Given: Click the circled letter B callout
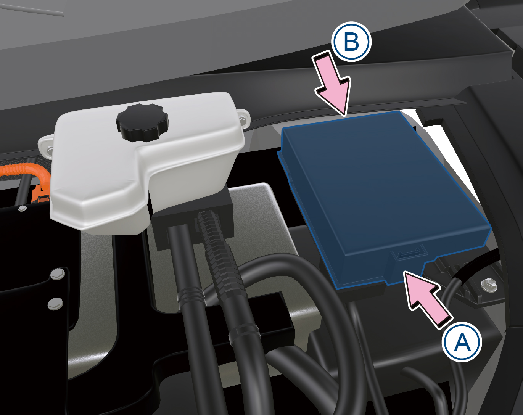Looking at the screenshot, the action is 351,41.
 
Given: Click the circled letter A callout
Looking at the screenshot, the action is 462,342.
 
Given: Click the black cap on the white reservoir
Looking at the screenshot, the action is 142,123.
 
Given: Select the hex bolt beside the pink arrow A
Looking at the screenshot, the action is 489,283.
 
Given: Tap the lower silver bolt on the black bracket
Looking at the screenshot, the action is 55,304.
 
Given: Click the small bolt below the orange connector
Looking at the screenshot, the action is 23,208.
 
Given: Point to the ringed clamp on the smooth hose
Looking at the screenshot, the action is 191,297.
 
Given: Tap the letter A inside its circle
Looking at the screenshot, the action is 462,342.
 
